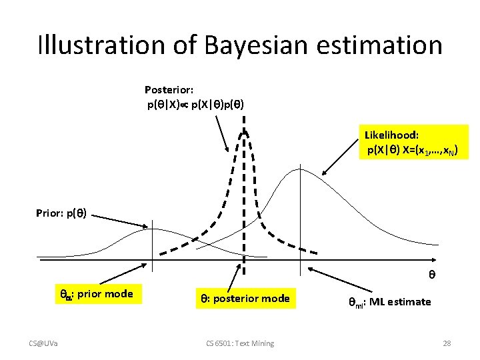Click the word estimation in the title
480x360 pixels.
384,45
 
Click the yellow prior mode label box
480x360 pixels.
97,294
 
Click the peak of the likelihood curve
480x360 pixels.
301,169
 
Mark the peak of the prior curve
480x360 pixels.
153,229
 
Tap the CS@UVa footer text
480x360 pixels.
43,343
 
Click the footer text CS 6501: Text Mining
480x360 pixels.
240,343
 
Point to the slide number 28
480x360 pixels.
447,343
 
